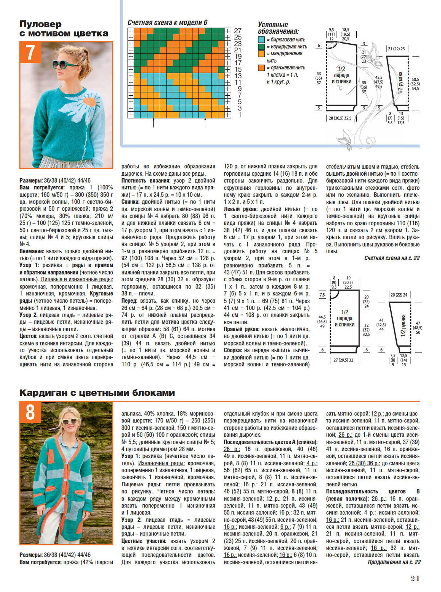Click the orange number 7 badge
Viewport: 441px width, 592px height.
tap(30, 52)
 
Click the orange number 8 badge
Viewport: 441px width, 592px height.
tap(30, 412)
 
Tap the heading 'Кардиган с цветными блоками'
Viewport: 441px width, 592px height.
tap(97, 393)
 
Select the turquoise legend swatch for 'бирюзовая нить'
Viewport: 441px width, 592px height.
tap(261, 40)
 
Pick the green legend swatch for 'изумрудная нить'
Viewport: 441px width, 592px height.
tap(261, 47)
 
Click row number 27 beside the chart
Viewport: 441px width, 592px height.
tap(238, 31)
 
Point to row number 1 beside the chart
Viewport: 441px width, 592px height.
tap(240, 115)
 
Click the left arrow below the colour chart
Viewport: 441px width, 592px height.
tap(153, 123)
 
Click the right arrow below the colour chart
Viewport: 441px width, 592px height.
tap(205, 123)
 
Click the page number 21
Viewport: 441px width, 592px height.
tap(415, 578)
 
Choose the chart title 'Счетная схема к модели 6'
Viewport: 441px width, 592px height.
tap(167, 22)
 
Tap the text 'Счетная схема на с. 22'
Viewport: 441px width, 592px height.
tap(392, 258)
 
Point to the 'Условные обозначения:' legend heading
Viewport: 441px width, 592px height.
tap(278, 28)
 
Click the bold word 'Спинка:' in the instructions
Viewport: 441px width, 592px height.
tap(130, 202)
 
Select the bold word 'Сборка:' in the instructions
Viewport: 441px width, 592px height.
tap(233, 350)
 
